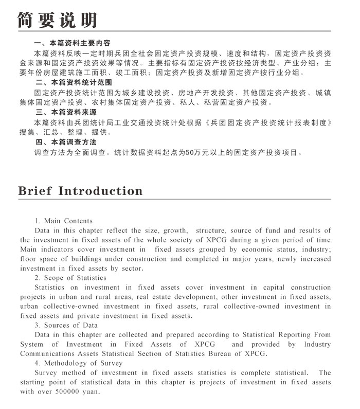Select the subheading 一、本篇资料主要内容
click(x=72, y=43)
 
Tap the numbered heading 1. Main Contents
click(x=64, y=221)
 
